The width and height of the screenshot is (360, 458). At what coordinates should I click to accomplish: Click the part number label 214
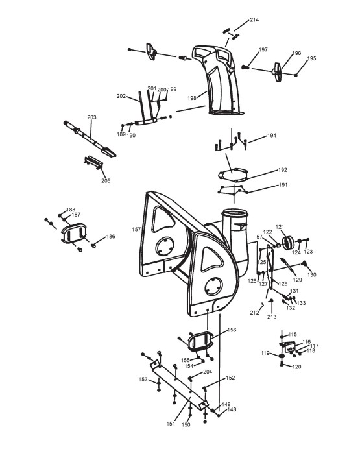[254, 20]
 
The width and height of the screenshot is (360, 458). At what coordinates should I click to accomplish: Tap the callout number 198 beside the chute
[191, 98]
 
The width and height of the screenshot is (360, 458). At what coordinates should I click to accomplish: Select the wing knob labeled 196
[278, 71]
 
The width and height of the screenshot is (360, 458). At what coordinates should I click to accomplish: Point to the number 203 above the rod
[91, 117]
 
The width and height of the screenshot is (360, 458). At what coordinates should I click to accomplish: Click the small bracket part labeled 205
[93, 162]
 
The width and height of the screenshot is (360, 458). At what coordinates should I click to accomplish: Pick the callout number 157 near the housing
[136, 230]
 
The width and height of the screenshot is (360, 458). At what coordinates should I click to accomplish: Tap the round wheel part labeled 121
[288, 243]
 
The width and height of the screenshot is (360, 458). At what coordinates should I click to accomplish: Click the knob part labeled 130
[304, 264]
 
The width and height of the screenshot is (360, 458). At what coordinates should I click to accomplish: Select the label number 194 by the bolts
[272, 136]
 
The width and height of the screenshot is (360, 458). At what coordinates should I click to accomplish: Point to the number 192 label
[283, 170]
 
